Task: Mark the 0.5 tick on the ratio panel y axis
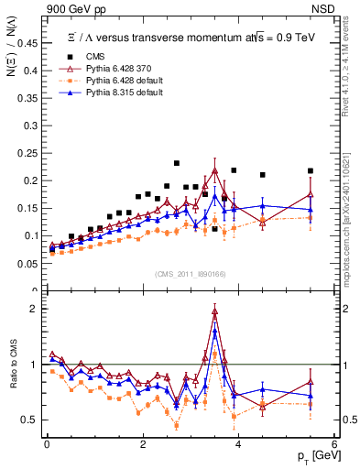tap(33, 420)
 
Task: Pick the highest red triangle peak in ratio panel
tap(214, 311)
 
